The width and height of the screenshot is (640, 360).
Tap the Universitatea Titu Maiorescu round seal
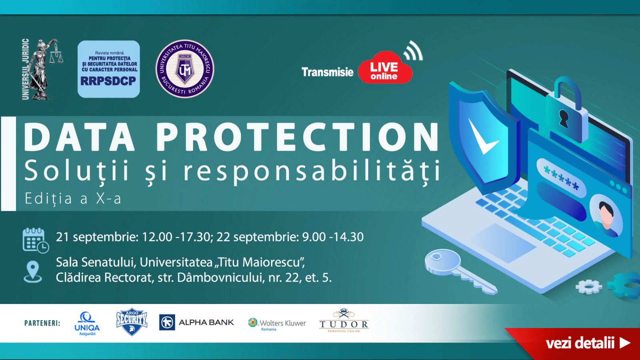click(184, 69)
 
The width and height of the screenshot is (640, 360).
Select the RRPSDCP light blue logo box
click(109, 69)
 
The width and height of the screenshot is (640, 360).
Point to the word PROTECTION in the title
click(298, 137)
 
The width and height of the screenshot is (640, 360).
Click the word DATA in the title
click(79, 137)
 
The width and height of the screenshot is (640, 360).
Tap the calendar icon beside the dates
click(36, 240)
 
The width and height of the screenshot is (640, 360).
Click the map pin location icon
click(32, 272)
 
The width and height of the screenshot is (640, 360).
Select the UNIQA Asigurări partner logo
click(87, 324)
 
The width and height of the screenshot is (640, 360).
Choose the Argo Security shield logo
click(132, 322)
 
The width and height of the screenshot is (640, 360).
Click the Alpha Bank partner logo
click(196, 322)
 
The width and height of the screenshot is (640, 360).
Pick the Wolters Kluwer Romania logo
click(277, 324)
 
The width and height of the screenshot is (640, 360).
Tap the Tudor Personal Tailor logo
click(344, 320)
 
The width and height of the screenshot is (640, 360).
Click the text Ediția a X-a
click(73, 198)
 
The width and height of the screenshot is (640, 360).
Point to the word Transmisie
click(328, 72)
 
